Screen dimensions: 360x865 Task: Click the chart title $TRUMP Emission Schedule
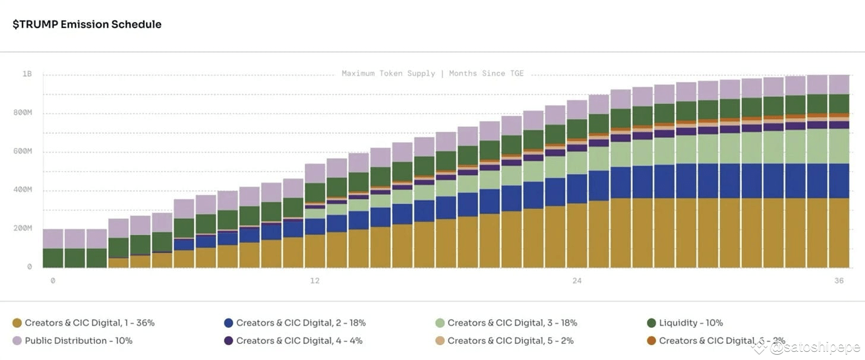(87, 24)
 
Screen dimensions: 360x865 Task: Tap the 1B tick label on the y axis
(27, 74)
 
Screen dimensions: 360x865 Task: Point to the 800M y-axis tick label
(24, 113)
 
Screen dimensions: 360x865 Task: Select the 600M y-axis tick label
(24, 151)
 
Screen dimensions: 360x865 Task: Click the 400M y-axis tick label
(24, 190)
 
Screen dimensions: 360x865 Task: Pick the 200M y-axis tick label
(24, 229)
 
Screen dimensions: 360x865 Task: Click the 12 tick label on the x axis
(314, 280)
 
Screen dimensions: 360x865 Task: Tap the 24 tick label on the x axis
(577, 280)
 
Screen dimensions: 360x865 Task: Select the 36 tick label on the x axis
(839, 280)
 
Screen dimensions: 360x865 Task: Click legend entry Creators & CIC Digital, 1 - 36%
(89, 323)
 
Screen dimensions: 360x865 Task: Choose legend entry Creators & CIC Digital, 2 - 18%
(301, 323)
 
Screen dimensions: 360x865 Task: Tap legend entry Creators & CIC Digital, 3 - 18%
(512, 323)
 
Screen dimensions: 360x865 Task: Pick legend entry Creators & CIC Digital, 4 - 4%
(299, 341)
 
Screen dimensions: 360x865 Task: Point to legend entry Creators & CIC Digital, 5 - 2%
(510, 341)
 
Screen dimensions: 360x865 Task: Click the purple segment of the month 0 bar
(53, 239)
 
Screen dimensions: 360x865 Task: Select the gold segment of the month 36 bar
(839, 233)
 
